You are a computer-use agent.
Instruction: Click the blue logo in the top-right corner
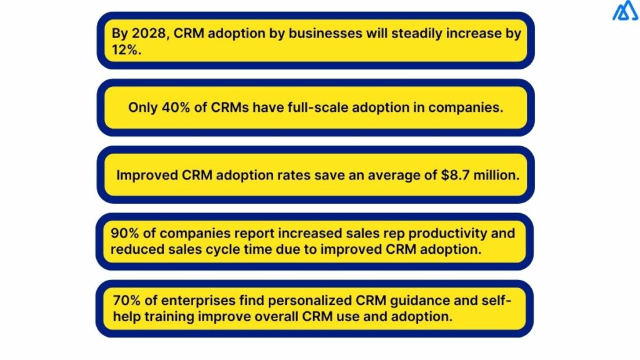624,11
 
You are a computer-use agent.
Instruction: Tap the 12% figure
126,49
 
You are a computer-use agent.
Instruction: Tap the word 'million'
499,175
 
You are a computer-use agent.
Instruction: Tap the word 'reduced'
137,249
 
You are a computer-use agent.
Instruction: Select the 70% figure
126,301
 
